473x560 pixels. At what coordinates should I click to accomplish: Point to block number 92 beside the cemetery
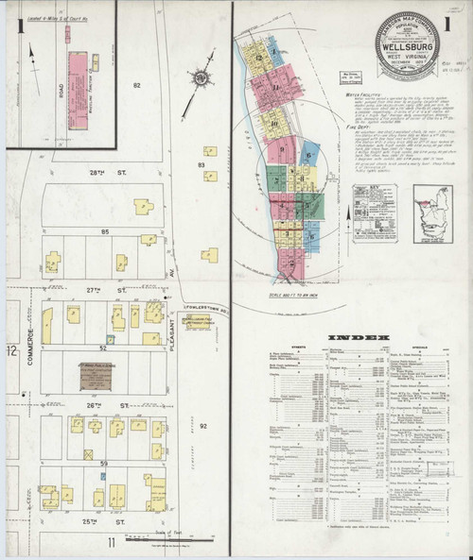click(x=202, y=425)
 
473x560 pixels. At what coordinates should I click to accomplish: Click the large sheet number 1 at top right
click(x=460, y=22)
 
